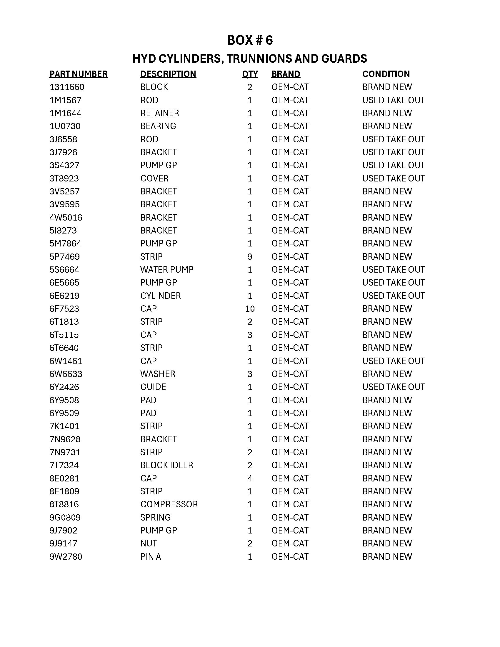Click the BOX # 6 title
coord(250,40)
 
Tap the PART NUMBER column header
coord(78,74)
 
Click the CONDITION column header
coord(386,74)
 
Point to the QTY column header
coord(250,74)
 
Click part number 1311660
coord(67,87)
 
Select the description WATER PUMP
coord(167,270)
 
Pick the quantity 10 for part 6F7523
coord(250,309)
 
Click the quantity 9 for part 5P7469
coord(250,256)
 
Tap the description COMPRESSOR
coord(169,504)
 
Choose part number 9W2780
coord(66,557)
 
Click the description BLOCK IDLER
coord(166,465)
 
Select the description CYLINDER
coord(160,296)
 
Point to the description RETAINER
coord(160,113)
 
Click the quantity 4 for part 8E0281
coord(250,478)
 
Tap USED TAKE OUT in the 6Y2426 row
coord(393,387)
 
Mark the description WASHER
coord(158,374)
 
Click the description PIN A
coord(151,557)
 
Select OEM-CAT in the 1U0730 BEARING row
coord(290,126)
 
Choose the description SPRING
coord(156,517)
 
